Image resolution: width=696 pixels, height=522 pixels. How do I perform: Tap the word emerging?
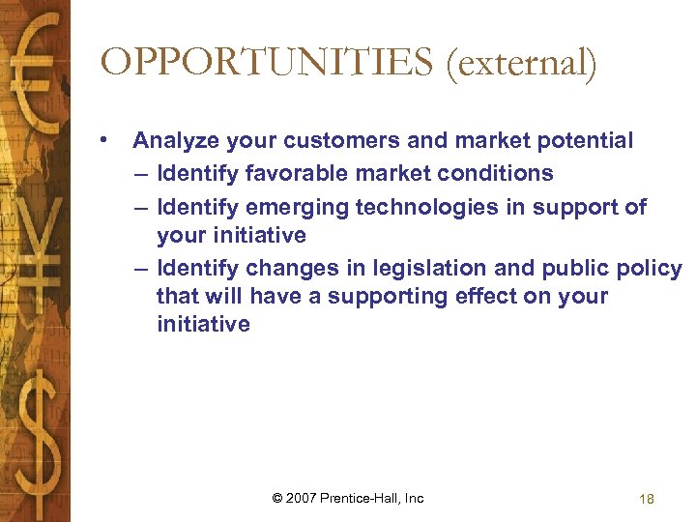point(299,207)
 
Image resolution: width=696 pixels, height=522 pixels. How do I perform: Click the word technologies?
point(425,207)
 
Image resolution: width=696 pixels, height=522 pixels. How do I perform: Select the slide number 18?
point(647,499)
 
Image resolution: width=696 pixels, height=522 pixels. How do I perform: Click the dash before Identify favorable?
point(142,174)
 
